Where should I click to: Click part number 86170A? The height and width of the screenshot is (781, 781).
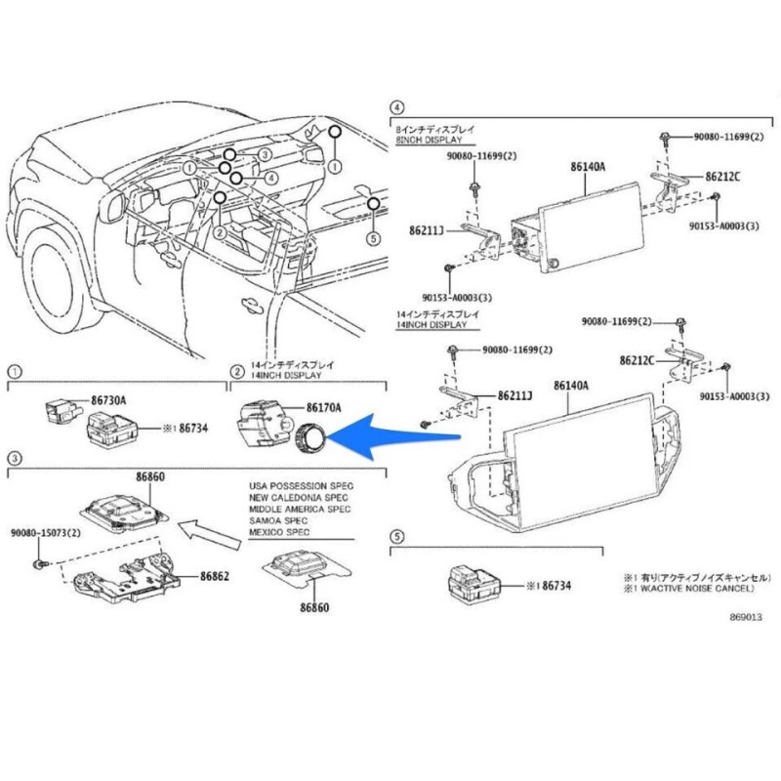point(323,408)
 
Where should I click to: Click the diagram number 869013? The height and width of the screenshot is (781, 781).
point(743,617)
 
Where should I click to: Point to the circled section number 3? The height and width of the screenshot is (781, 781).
point(15,457)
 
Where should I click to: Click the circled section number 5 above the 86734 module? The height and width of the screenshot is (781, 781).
point(396,537)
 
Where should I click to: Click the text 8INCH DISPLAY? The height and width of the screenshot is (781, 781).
point(431,142)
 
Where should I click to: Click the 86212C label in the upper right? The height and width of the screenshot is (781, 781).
point(722,177)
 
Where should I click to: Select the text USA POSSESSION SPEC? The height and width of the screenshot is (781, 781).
point(301,485)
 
